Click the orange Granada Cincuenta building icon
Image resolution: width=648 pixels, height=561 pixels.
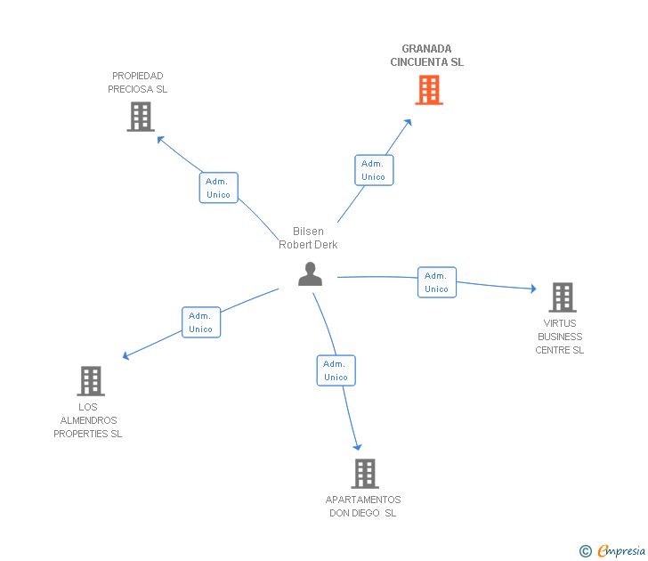[x=429, y=90]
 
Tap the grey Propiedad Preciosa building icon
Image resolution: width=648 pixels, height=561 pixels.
[x=141, y=117]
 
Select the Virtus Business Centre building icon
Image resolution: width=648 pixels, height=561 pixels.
[x=563, y=297]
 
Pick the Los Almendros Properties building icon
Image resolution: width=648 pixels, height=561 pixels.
[x=91, y=381]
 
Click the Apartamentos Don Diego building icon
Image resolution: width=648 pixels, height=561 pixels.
[x=365, y=474]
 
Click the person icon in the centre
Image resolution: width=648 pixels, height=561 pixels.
[x=310, y=274]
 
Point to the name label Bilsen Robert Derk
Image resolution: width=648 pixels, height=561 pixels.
[x=308, y=238]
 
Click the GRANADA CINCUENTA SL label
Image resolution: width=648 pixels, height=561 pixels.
[x=427, y=55]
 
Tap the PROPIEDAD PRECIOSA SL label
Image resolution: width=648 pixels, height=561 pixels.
[x=138, y=82]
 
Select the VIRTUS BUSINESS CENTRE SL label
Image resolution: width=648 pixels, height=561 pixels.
[x=560, y=337]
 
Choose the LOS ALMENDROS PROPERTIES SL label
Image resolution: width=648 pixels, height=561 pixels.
[x=88, y=420]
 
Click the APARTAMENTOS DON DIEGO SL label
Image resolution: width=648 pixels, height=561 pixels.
[x=363, y=507]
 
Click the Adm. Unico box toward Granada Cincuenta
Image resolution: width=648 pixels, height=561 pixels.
[x=374, y=170]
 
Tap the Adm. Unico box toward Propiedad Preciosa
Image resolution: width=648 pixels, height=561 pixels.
[x=219, y=188]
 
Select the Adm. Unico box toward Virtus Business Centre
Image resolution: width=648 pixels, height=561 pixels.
[x=437, y=282]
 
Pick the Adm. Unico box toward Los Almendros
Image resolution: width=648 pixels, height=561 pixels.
[x=201, y=322]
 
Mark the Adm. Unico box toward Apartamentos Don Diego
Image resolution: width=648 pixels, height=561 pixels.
[x=336, y=370]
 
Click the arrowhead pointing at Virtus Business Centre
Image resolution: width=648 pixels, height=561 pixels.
[x=533, y=289]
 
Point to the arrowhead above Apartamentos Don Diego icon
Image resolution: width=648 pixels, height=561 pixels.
[x=358, y=447]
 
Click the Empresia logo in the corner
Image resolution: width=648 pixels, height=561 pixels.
[x=612, y=550]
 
